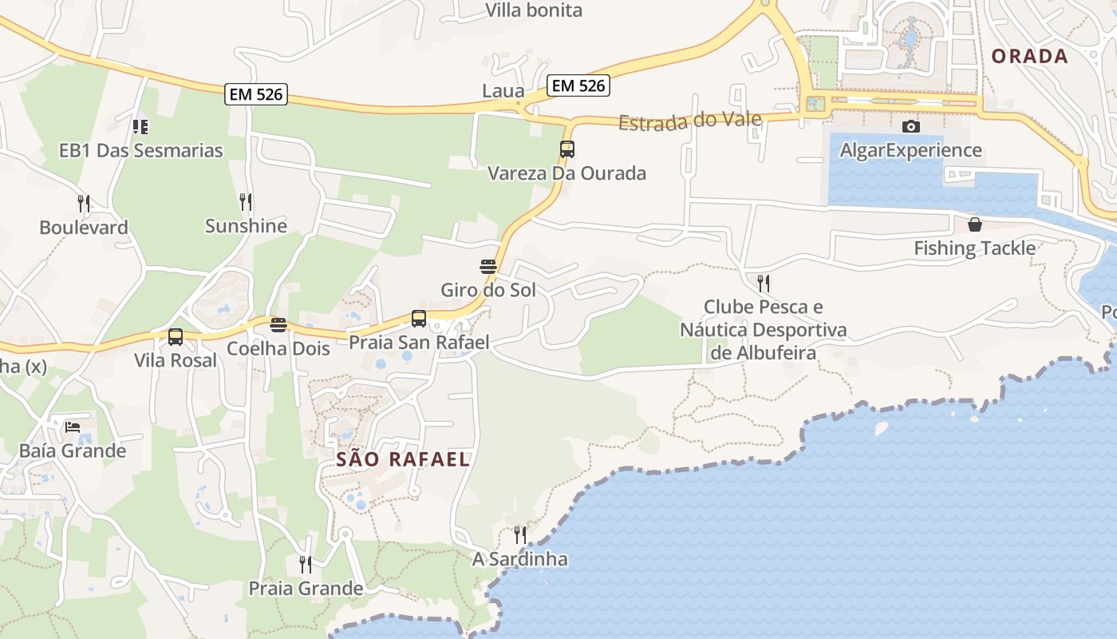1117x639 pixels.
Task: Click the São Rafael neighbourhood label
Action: (403, 459)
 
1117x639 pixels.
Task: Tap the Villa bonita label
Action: (534, 10)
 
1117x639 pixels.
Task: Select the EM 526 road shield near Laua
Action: (578, 85)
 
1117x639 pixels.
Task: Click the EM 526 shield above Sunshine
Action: (256, 94)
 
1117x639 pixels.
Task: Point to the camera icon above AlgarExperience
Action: (910, 126)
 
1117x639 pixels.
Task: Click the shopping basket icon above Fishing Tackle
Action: (974, 224)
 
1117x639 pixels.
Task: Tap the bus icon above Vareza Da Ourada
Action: (567, 149)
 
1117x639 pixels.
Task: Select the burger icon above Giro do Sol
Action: (488, 266)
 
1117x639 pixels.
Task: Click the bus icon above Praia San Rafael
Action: (419, 319)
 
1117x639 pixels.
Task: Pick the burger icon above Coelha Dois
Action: (278, 324)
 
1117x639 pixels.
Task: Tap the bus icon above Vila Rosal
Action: (176, 337)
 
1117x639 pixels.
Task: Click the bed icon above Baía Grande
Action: (73, 427)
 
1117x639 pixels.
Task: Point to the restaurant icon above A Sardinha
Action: (519, 534)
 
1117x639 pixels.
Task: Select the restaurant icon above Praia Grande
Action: (306, 565)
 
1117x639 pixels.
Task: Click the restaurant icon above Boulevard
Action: (83, 203)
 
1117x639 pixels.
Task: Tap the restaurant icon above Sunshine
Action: (246, 201)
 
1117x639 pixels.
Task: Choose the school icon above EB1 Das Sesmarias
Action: (140, 126)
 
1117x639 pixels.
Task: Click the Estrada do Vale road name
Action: (689, 121)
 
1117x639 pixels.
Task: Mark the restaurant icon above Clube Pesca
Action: (764, 283)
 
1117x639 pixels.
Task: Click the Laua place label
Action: (503, 91)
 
